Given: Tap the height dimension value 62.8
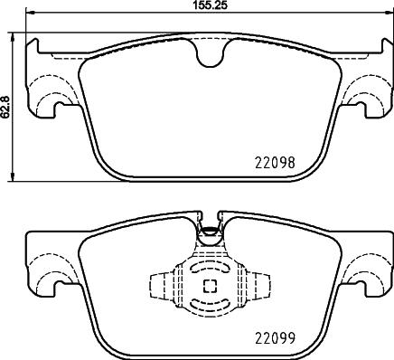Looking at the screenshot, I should coord(6,105).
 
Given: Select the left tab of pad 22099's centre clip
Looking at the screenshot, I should coord(159,285).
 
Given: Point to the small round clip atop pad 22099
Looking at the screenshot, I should coord(209,230).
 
